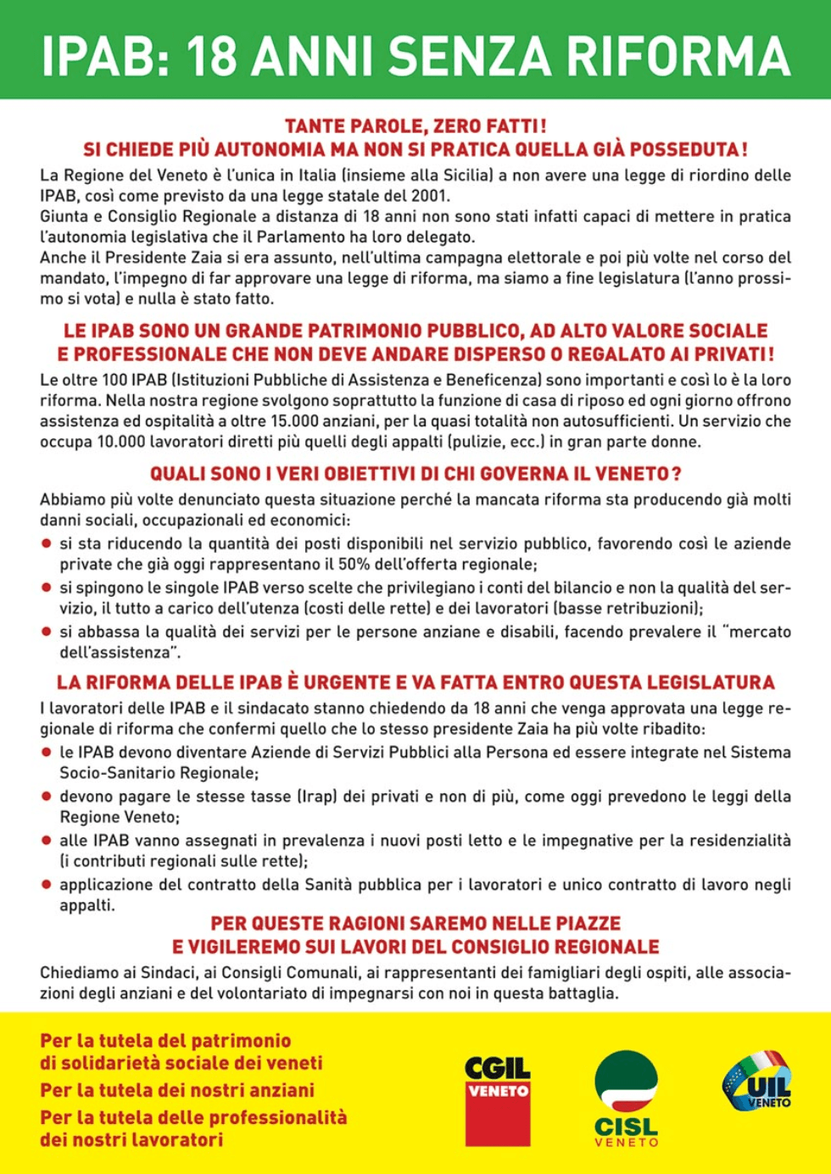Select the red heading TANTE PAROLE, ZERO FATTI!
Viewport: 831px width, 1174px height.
(415, 126)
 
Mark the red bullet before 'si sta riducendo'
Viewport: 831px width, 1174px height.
(47, 543)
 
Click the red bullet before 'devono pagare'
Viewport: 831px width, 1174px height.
(47, 797)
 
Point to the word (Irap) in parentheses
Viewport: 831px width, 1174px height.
(317, 797)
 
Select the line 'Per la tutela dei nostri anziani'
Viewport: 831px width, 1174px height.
(177, 1090)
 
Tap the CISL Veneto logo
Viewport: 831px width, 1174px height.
(626, 1099)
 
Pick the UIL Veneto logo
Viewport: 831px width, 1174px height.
(757, 1080)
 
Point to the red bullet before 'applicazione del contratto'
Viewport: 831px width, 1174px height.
(47, 885)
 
